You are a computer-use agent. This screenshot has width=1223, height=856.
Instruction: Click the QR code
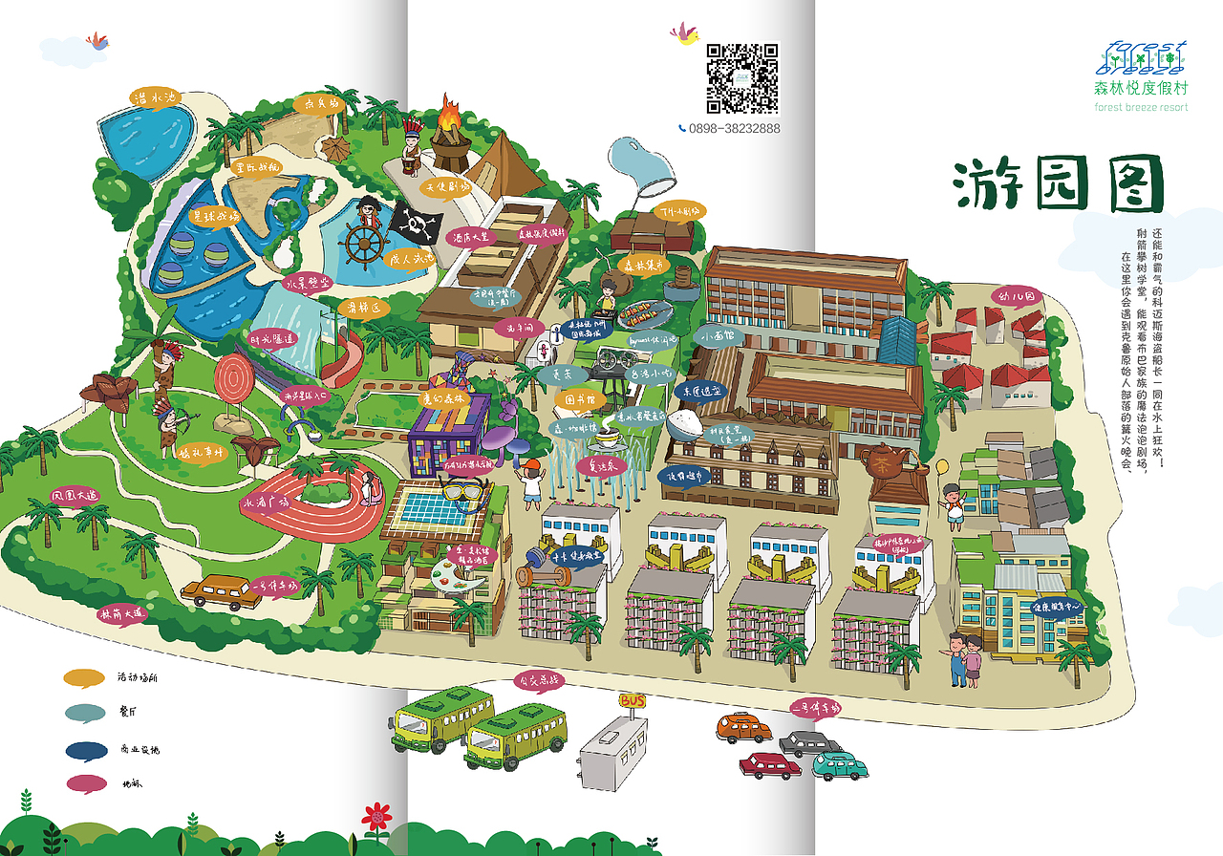[743, 78]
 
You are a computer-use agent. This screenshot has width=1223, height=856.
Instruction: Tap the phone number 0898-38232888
[734, 128]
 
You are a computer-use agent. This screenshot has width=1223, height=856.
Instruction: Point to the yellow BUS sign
[632, 701]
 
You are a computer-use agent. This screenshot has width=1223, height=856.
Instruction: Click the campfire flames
[449, 117]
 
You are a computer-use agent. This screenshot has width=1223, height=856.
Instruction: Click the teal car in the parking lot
[838, 765]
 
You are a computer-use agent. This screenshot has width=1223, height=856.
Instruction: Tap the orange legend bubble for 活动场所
[85, 677]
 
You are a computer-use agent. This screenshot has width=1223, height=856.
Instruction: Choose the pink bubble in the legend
[85, 783]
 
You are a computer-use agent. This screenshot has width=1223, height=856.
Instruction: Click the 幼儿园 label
[1015, 297]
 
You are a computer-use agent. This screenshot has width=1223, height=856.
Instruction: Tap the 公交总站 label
[538, 681]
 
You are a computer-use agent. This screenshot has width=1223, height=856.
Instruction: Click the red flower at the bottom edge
[377, 818]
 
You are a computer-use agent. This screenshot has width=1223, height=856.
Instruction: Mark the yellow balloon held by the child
[941, 467]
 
